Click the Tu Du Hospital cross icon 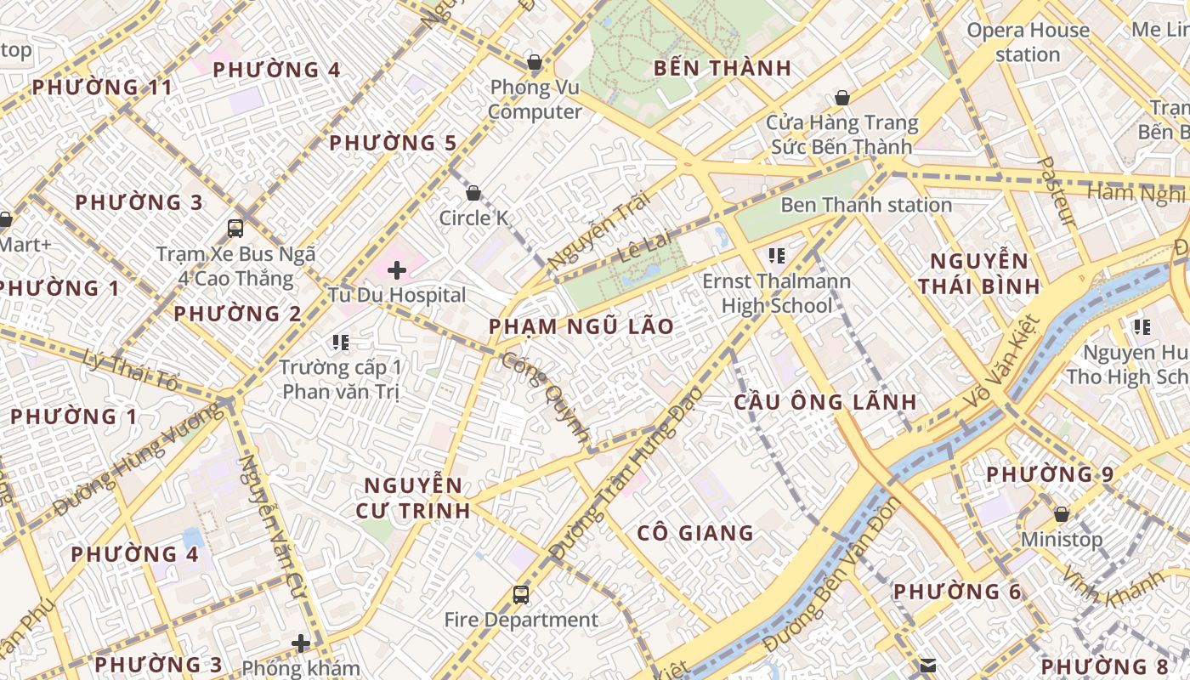pyautogui.click(x=396, y=270)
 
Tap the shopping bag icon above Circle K pyautogui.click(x=473, y=193)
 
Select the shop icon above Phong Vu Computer pyautogui.click(x=535, y=62)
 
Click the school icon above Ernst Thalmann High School pyautogui.click(x=775, y=255)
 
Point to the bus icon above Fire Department pyautogui.click(x=521, y=595)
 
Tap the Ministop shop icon pyautogui.click(x=1061, y=514)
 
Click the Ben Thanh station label pyautogui.click(x=865, y=205)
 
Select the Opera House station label pyautogui.click(x=1028, y=42)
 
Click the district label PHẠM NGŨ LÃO pyautogui.click(x=581, y=326)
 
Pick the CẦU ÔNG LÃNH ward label pyautogui.click(x=825, y=402)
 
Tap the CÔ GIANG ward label pyautogui.click(x=695, y=533)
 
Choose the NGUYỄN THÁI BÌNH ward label pyautogui.click(x=979, y=273)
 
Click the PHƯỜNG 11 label pyautogui.click(x=102, y=87)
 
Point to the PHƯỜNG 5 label pyautogui.click(x=393, y=143)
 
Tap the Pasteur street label pyautogui.click(x=1057, y=191)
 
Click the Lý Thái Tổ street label pyautogui.click(x=132, y=371)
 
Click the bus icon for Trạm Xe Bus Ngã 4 pyautogui.click(x=235, y=228)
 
